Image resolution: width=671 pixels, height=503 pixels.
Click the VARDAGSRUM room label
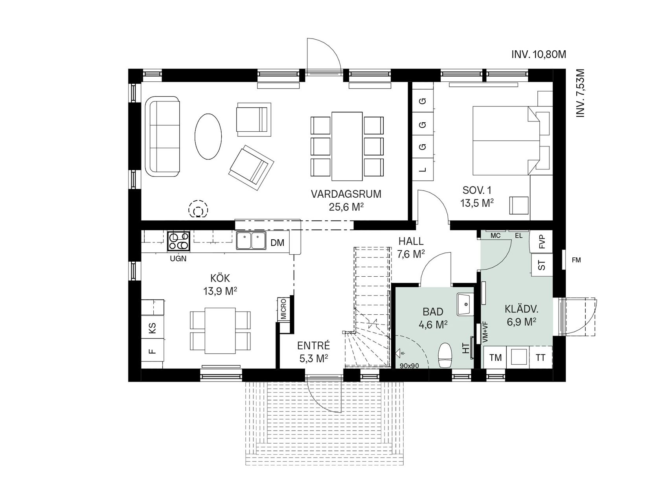pos(346,194)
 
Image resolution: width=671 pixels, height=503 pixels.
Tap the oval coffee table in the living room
pos(208,136)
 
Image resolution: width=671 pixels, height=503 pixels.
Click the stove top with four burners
pos(179,241)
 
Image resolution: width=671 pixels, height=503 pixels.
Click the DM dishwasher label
pos(278,243)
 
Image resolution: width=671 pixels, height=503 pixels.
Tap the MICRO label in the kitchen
pos(283,309)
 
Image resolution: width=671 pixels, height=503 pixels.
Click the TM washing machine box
pos(496,358)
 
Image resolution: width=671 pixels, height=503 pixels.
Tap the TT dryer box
pos(541,358)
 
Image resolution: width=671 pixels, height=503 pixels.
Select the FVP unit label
pos(542,242)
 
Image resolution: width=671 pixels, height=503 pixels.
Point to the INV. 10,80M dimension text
pos(539,55)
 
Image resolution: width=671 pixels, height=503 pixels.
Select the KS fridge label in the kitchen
pos(152,328)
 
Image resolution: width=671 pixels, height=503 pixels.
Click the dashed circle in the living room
pos(199,209)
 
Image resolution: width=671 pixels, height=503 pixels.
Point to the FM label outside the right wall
pos(576,260)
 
